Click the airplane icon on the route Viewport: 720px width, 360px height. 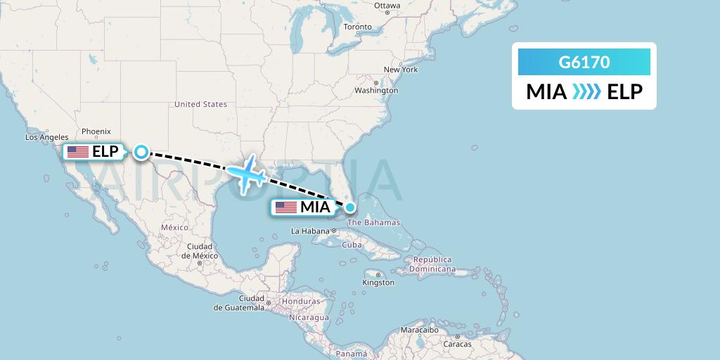point(245,172)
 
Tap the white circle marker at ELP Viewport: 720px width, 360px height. point(141,151)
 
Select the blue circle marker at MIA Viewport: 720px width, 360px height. point(349,207)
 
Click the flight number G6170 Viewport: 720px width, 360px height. point(584,63)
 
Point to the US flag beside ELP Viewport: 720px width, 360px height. point(78,151)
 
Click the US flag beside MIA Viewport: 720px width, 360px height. point(286,207)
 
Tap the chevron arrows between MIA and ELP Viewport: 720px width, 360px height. point(586,92)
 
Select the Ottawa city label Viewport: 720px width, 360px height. point(387,6)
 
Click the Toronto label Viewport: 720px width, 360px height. point(357,27)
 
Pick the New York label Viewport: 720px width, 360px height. point(401,70)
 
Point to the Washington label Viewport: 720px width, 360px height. point(376,91)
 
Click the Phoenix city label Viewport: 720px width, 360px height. point(96,131)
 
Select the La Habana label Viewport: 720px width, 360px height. point(310,231)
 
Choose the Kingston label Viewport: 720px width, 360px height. point(378,283)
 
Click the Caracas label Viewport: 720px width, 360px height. point(458,344)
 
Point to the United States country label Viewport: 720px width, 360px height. point(200,104)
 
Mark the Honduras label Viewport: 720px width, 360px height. point(301,302)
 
